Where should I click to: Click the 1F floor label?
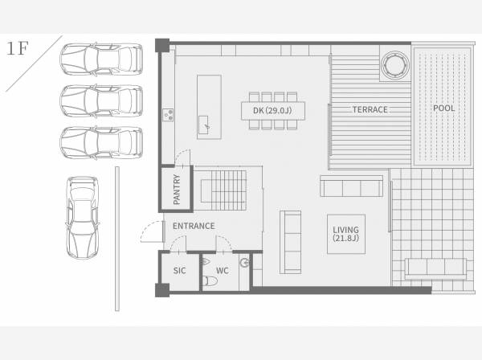coord(17,48)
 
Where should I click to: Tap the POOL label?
coord(443,108)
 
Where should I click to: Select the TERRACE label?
coord(370,110)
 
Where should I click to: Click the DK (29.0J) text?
coord(272,110)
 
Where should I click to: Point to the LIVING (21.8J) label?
coord(345,234)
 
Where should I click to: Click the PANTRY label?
coord(177,190)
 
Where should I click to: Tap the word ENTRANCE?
coord(194,226)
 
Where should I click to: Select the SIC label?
coord(179,271)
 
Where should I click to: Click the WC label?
coord(222,271)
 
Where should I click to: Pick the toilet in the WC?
coord(210,281)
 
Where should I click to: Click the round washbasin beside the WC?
coord(245,263)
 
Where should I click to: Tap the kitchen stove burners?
coord(168,115)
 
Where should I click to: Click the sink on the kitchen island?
coord(204,125)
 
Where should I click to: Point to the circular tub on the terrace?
coord(395,65)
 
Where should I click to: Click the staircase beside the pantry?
coord(223,190)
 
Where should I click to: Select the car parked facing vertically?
coord(83,217)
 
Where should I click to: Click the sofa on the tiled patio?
coord(436,268)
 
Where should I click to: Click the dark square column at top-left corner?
coord(162,45)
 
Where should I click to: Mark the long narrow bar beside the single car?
coord(117,239)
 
